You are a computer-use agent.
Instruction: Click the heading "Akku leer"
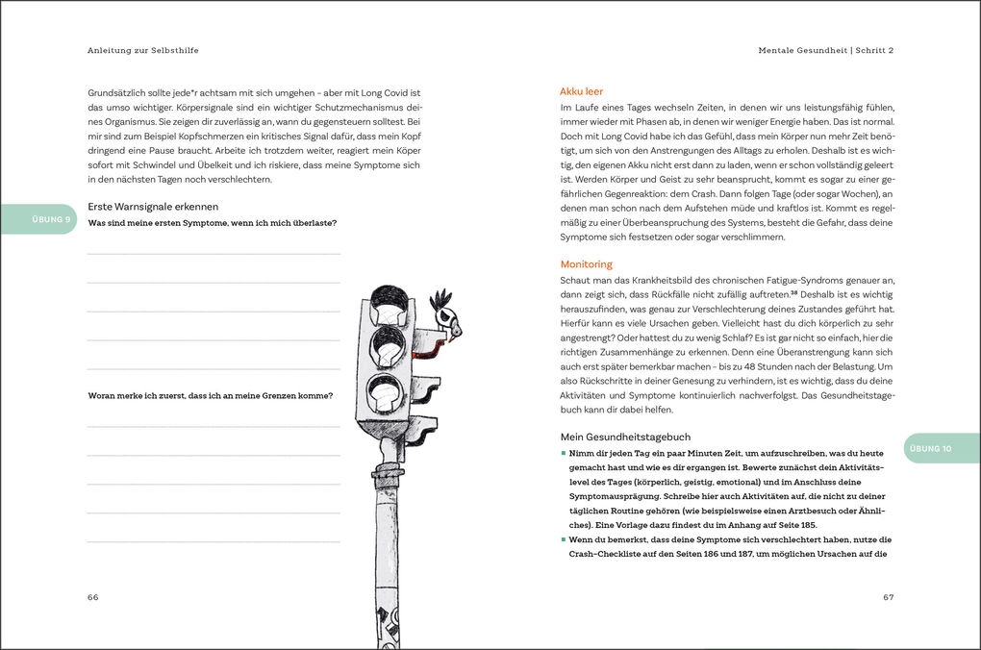click(581, 91)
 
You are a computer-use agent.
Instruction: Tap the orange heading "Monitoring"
click(586, 264)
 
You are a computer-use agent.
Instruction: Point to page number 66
click(92, 597)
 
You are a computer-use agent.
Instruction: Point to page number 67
click(888, 597)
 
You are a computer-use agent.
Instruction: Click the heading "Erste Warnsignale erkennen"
click(153, 206)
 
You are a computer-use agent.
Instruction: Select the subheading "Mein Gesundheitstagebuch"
click(625, 437)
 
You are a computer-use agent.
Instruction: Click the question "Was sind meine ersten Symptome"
click(212, 223)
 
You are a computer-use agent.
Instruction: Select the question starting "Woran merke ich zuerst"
click(211, 395)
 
